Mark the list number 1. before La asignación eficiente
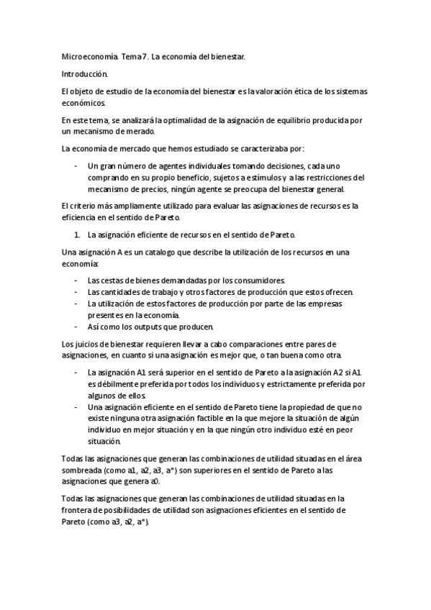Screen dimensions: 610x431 tap(78, 235)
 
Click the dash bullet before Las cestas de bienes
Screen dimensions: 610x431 tap(77, 280)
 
